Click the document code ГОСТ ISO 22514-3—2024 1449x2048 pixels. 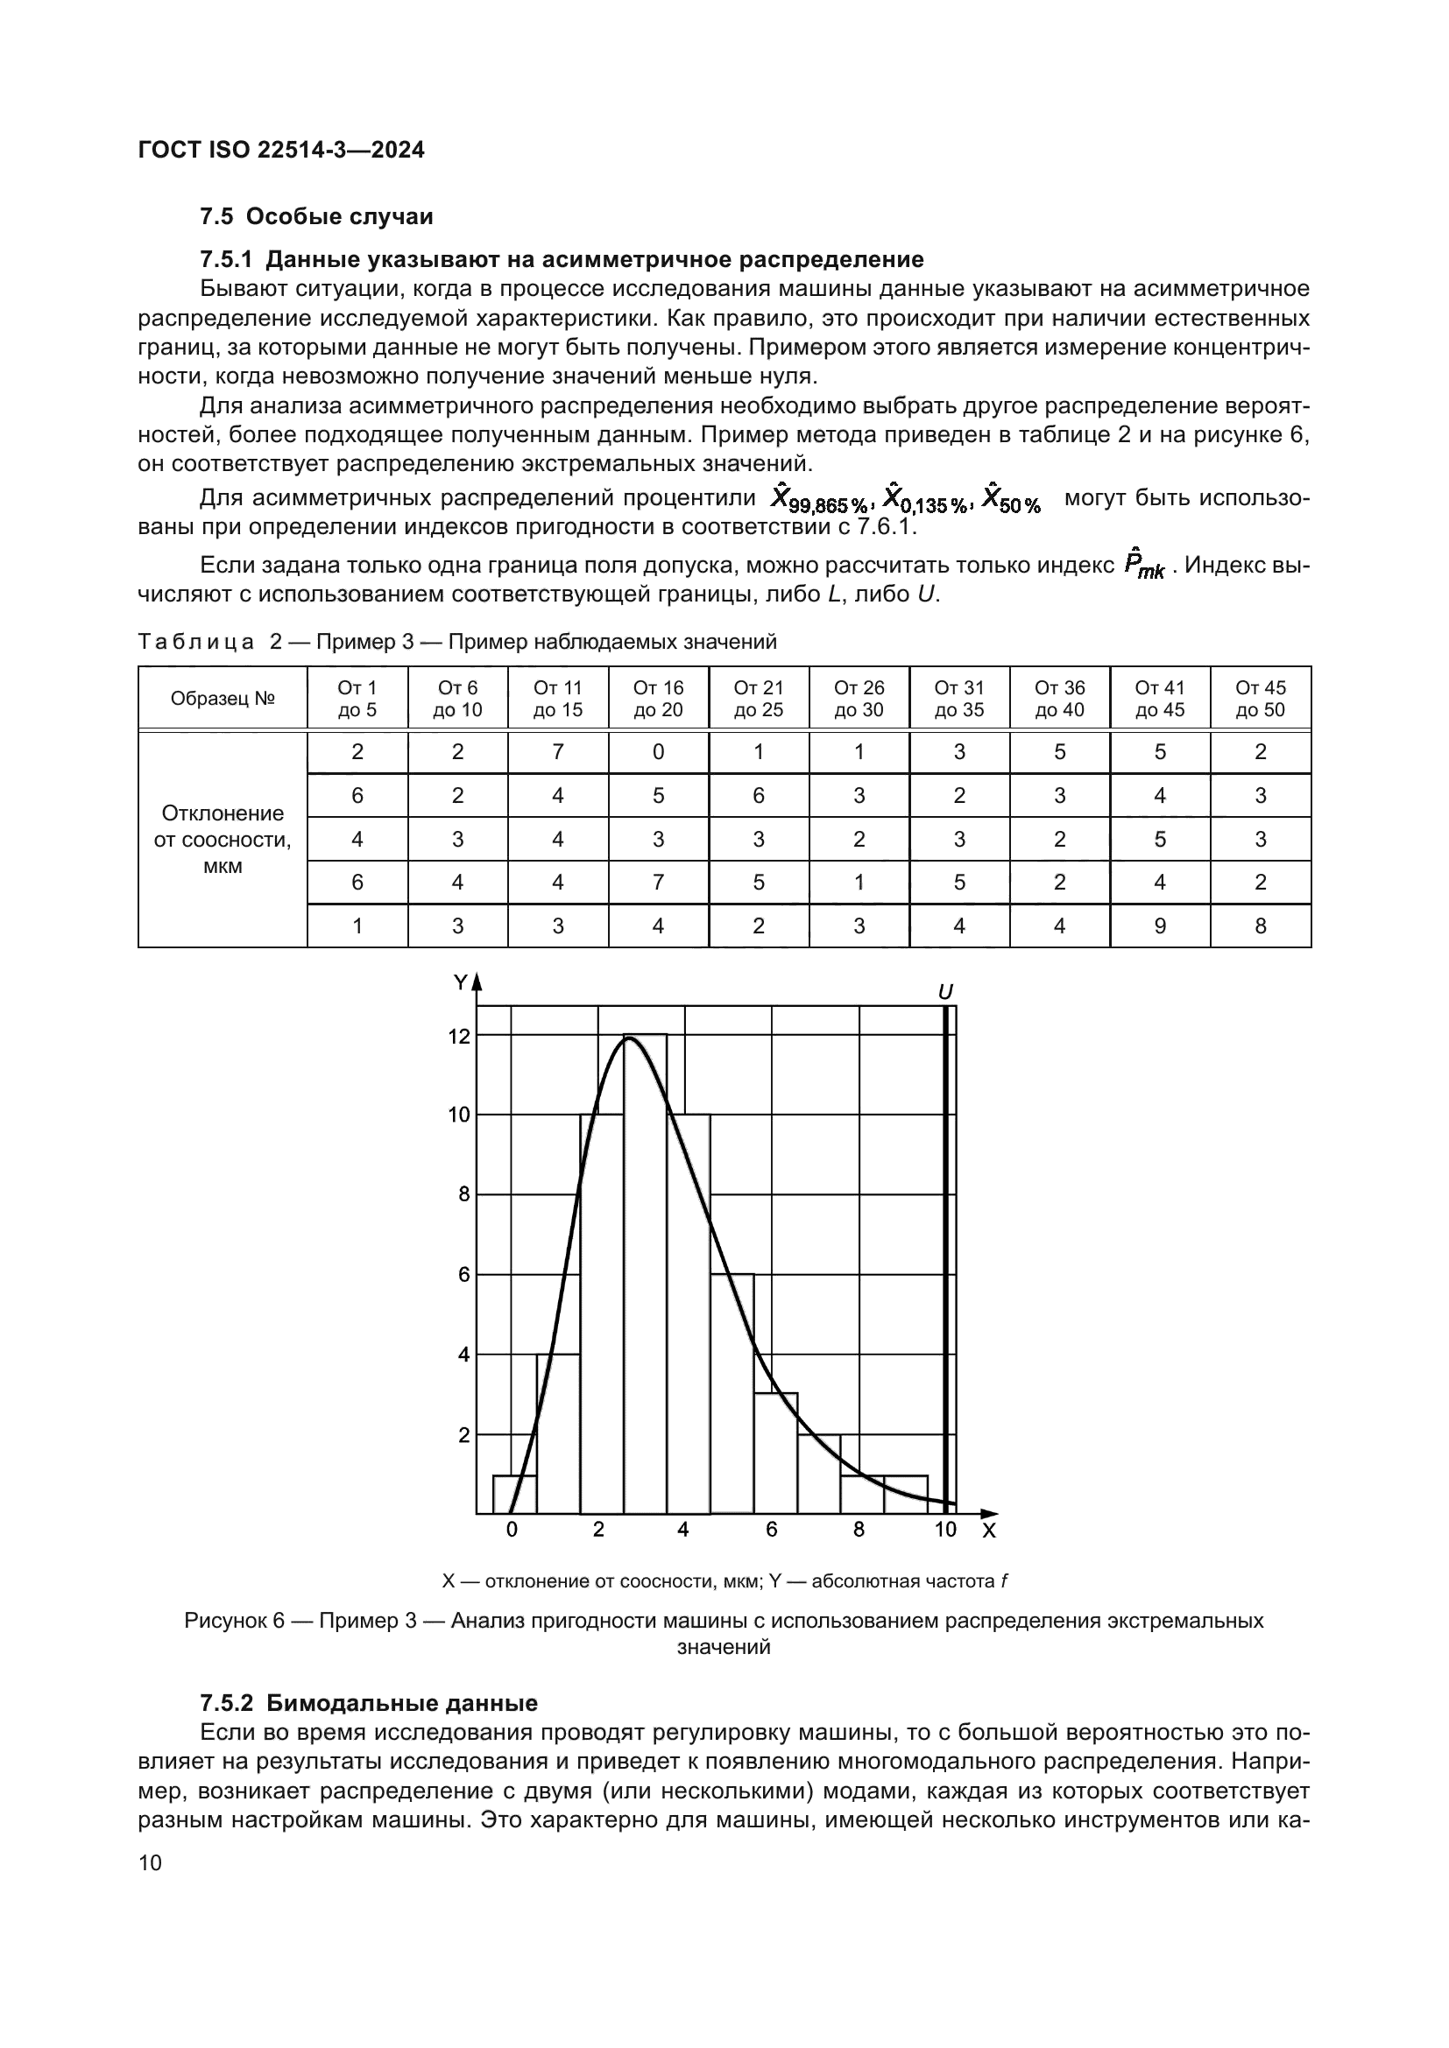click(281, 150)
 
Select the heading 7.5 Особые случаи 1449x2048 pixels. click(316, 217)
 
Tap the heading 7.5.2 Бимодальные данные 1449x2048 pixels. click(369, 1703)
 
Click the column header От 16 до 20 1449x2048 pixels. click(658, 699)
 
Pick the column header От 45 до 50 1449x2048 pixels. click(1260, 699)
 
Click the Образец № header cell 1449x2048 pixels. click(223, 699)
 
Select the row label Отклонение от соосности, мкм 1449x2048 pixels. click(223, 840)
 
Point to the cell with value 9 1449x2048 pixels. click(1159, 925)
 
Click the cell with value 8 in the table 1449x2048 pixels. click(1260, 925)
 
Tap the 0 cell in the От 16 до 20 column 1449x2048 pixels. click(658, 752)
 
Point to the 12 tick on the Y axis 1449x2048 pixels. click(458, 1037)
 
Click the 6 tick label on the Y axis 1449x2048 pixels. click(464, 1275)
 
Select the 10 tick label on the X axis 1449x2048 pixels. click(945, 1530)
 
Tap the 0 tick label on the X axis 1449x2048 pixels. click(512, 1530)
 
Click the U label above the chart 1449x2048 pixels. click(946, 992)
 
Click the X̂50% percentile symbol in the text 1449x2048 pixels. click(1011, 497)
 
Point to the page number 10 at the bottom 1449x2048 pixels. click(151, 1863)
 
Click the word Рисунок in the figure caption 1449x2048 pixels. click(223, 1621)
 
